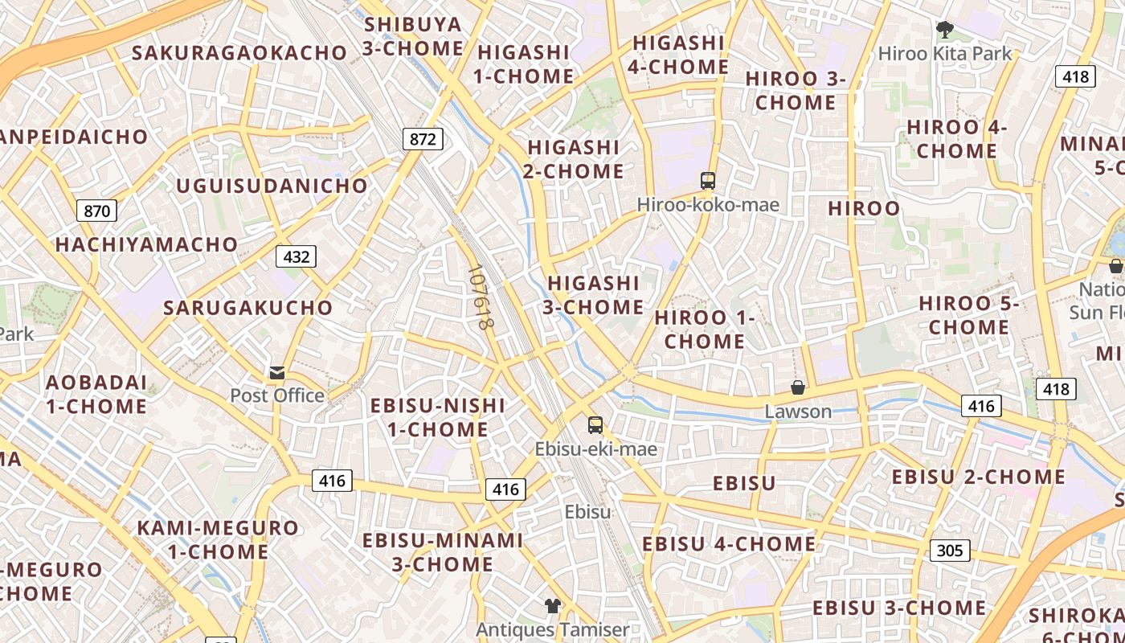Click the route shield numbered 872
coord(423,139)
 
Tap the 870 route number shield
coord(96,211)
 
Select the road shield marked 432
coord(296,257)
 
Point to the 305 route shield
coord(950,551)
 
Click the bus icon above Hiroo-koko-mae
coord(707,181)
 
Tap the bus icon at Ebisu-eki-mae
coord(595,425)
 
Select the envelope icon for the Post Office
coord(277,373)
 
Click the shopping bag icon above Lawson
coord(798,387)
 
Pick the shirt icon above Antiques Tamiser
coord(552,605)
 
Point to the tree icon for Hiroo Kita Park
coord(945,31)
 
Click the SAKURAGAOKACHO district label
coord(239,53)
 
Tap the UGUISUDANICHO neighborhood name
coord(272,186)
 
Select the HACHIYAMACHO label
coord(146,244)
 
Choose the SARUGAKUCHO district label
coord(247,308)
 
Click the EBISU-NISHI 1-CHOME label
coord(438,417)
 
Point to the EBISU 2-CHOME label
coord(978,477)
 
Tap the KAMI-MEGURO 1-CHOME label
coord(218,539)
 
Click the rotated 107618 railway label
coord(480,297)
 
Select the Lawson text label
coord(798,412)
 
